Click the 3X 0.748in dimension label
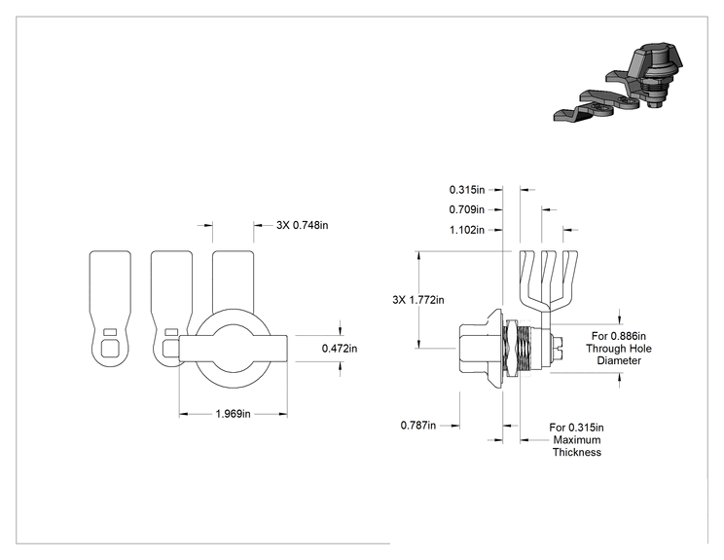pyautogui.click(x=302, y=225)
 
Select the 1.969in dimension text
pyautogui.click(x=234, y=414)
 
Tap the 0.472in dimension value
pyautogui.click(x=340, y=348)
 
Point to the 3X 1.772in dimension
pyautogui.click(x=418, y=299)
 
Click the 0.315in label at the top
pyautogui.click(x=467, y=190)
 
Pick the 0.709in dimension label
pyautogui.click(x=467, y=209)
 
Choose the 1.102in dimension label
pyautogui.click(x=467, y=230)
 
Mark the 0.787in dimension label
pyautogui.click(x=417, y=425)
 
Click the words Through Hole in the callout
pyautogui.click(x=619, y=349)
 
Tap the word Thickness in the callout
pyautogui.click(x=577, y=452)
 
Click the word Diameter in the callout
pyautogui.click(x=619, y=360)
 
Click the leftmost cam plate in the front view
pyautogui.click(x=110, y=308)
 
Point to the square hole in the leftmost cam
pyautogui.click(x=109, y=348)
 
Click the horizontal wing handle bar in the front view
pyautogui.click(x=234, y=349)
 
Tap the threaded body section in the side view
pyautogui.click(x=525, y=350)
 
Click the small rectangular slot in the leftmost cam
pyautogui.click(x=110, y=332)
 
